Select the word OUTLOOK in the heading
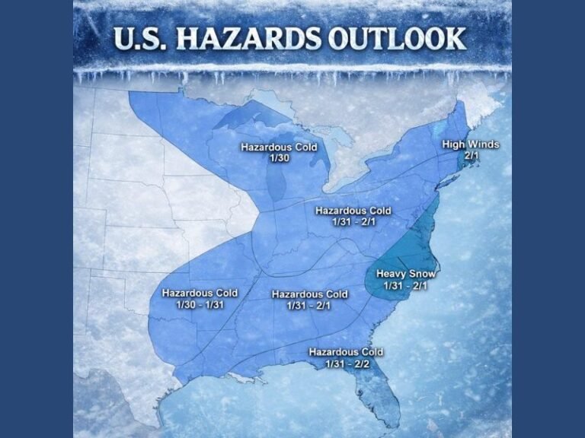click(404, 38)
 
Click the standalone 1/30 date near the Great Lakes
click(278, 157)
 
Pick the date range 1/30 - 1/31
click(200, 304)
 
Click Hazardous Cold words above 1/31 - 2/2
click(345, 352)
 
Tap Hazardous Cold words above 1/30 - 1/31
click(200, 293)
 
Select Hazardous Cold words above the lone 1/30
click(278, 147)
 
